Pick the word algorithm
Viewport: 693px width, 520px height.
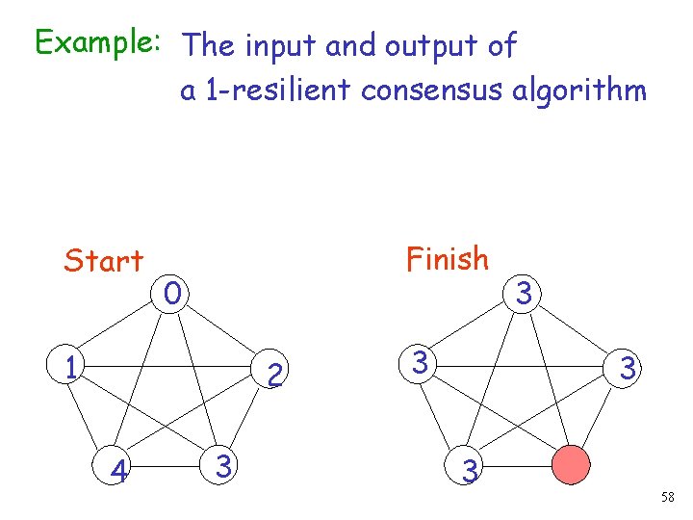[587, 91]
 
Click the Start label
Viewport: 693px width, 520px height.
[103, 260]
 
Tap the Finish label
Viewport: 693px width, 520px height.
[448, 259]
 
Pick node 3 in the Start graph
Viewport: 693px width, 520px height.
[222, 467]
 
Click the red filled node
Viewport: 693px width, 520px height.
[572, 469]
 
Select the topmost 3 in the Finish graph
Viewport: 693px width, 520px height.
[523, 293]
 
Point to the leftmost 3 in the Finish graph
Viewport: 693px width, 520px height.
[421, 364]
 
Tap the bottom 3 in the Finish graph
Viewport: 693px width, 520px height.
[469, 471]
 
